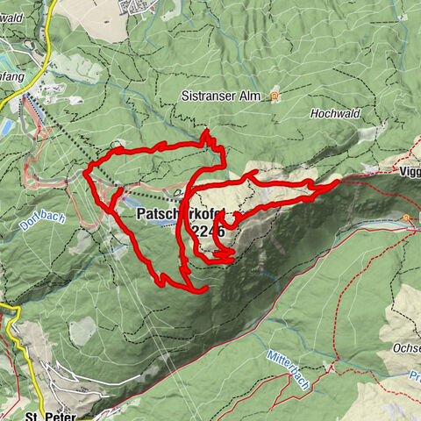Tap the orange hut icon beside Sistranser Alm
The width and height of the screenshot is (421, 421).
pos(275,96)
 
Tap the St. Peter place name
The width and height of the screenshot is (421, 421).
pos(46,415)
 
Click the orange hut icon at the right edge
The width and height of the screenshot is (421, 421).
pos(406,218)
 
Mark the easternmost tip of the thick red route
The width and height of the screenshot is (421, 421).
pos(339,182)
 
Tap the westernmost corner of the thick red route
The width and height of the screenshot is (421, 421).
pos(85,172)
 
